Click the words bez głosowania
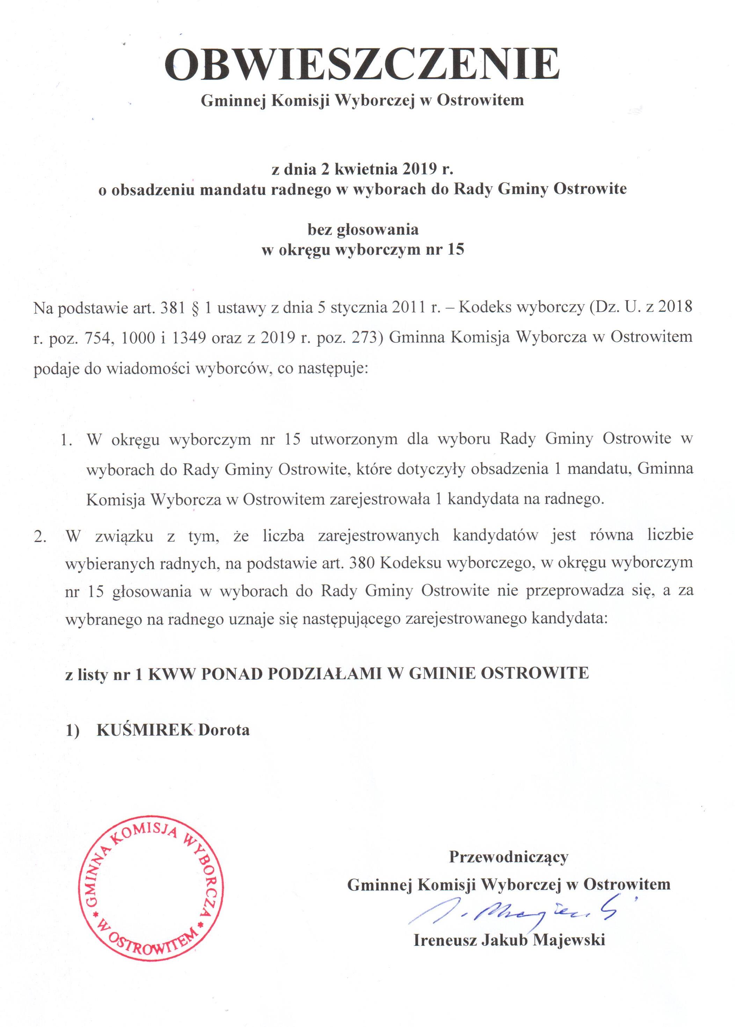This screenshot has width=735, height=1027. [363, 230]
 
